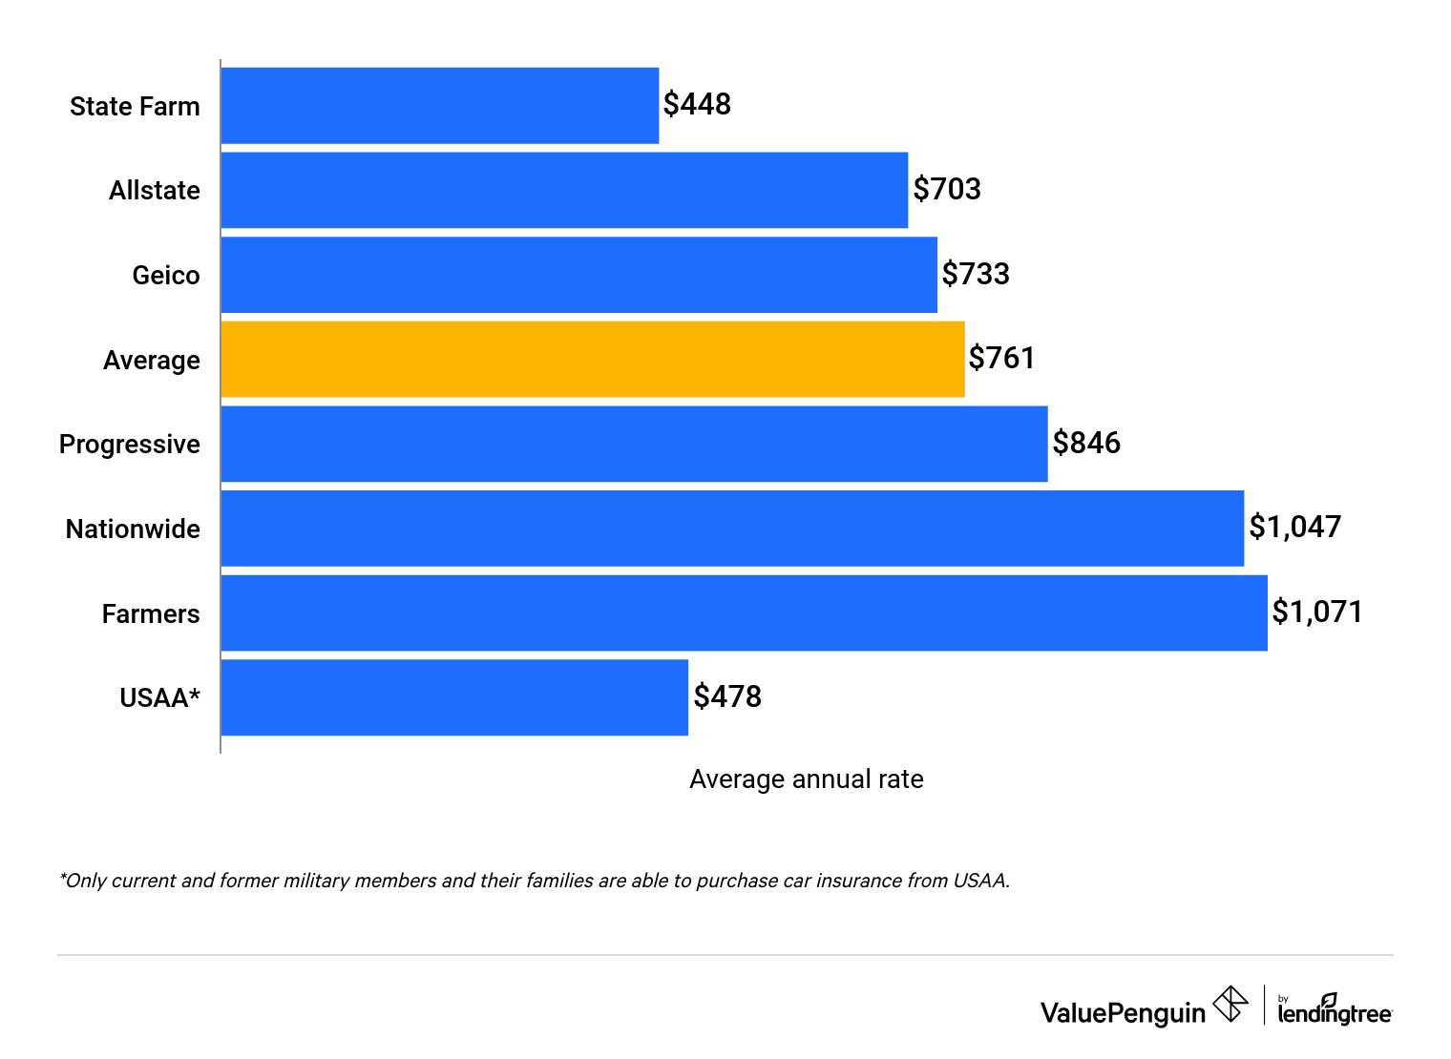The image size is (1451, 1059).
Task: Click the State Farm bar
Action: click(x=439, y=106)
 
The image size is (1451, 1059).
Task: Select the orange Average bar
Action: click(x=592, y=360)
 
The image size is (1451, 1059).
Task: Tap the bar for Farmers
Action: click(x=744, y=613)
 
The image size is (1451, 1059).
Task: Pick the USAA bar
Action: click(x=453, y=697)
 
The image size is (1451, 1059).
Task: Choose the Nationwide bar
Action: click(x=732, y=529)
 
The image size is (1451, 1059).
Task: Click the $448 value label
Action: click(x=697, y=104)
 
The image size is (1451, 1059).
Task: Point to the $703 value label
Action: click(x=946, y=189)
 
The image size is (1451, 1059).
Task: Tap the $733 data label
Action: click(x=975, y=274)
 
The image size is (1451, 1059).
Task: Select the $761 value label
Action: click(x=1001, y=358)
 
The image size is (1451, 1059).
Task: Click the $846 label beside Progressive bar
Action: click(x=1085, y=443)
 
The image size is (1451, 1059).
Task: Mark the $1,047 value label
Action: click(x=1294, y=527)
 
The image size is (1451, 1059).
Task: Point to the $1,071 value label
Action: click(x=1316, y=612)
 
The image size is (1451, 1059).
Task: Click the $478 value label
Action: click(x=726, y=696)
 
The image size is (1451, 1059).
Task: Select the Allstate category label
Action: click(x=154, y=191)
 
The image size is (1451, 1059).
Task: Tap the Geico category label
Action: click(x=165, y=276)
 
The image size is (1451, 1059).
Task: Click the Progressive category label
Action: click(x=129, y=445)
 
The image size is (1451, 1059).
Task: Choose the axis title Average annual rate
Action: click(x=806, y=779)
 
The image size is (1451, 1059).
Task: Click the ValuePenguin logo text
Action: click(x=1123, y=1012)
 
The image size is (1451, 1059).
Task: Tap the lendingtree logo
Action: click(x=1334, y=1011)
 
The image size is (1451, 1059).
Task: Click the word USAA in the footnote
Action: click(x=979, y=881)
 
